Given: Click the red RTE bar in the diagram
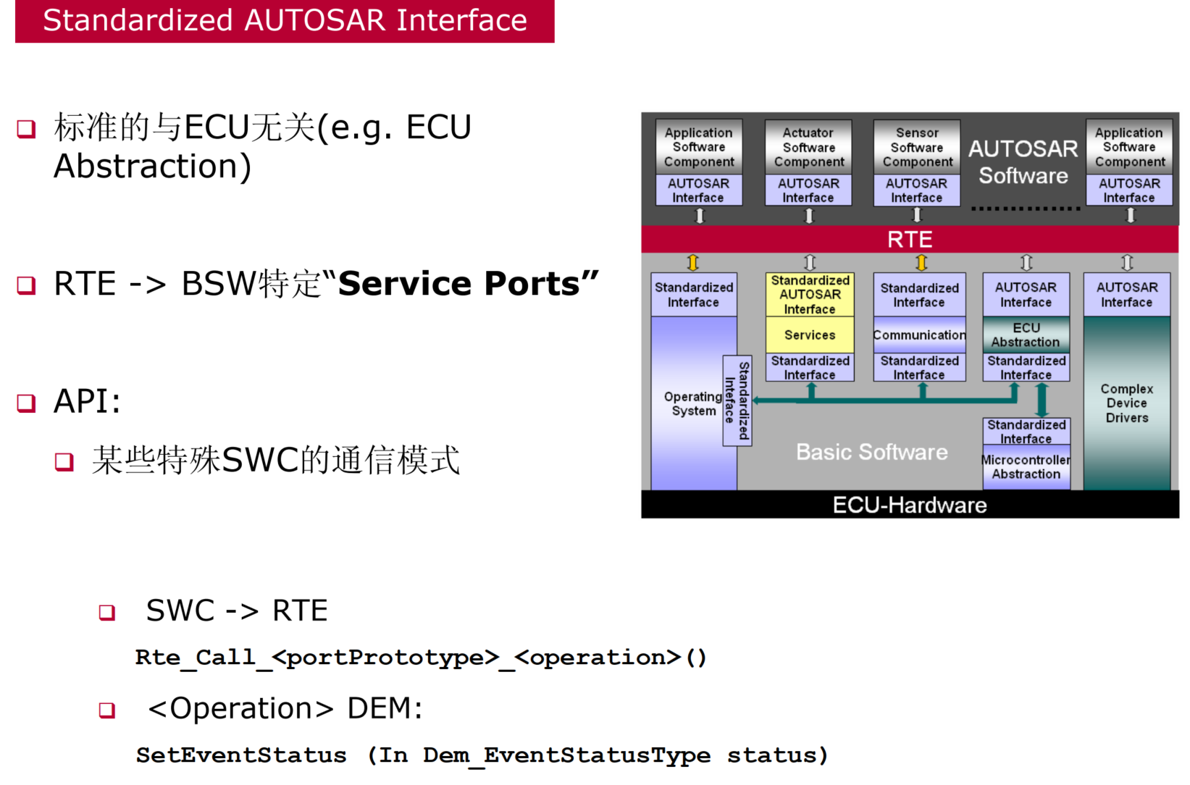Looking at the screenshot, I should (x=909, y=239).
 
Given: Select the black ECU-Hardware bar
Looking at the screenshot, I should (x=909, y=504).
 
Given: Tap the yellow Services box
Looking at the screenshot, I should (x=810, y=335).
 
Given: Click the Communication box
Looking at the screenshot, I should (x=919, y=335).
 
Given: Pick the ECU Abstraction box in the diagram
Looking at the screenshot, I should (x=1026, y=335).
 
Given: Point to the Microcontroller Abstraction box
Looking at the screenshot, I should (x=1026, y=466).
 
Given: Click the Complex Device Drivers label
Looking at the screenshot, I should (x=1126, y=403).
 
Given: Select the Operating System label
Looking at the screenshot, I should (x=692, y=403).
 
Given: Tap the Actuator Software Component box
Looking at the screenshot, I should (x=808, y=147).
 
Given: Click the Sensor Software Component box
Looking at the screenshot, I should (x=917, y=147).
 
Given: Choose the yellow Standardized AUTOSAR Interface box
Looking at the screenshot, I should (x=810, y=294).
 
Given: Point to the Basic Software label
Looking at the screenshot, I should (x=871, y=452).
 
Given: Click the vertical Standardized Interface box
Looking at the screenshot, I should (x=737, y=400).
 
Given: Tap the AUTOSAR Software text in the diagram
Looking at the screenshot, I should (x=1023, y=161).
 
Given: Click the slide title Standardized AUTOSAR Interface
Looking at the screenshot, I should (x=285, y=20).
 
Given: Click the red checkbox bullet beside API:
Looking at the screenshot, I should (x=27, y=403).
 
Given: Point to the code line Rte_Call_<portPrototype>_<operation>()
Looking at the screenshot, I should (x=420, y=658).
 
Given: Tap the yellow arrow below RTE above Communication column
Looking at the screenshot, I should (x=921, y=262).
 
